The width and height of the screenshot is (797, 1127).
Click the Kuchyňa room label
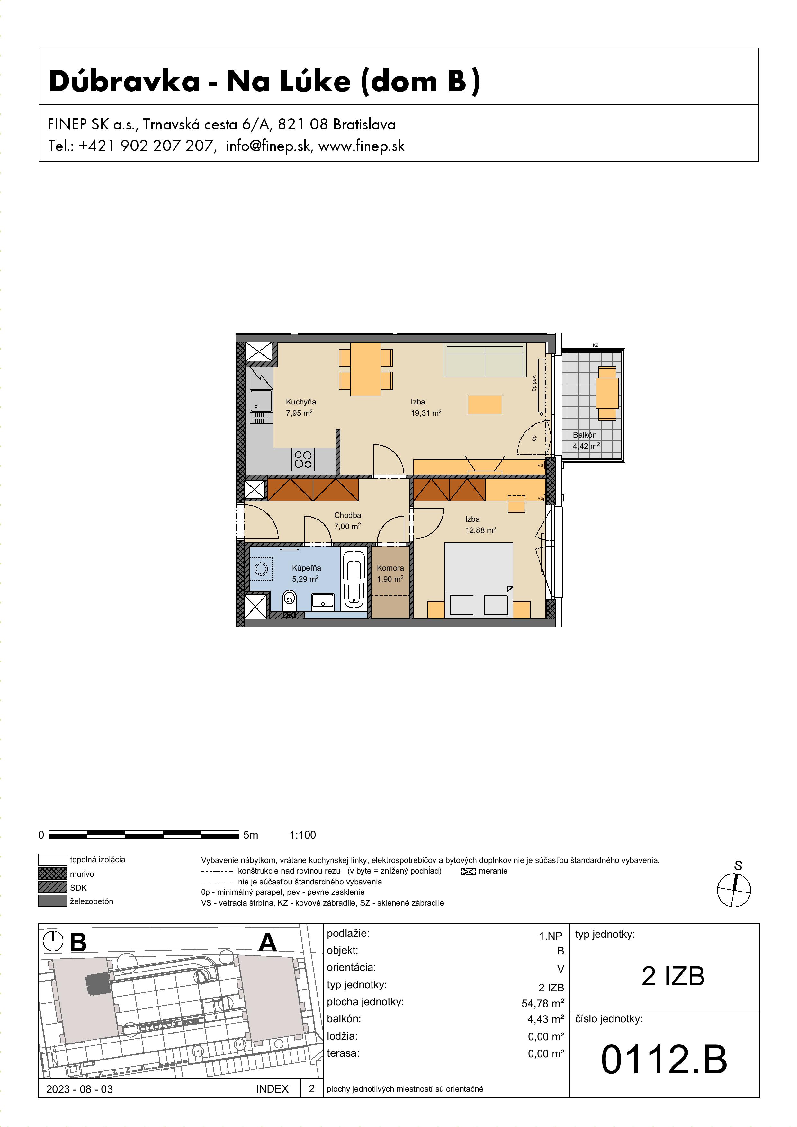coord(301,402)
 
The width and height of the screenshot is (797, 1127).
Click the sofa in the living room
coord(485,360)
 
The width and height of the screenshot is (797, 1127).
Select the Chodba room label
coord(348,515)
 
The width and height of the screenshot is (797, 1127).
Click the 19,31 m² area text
coord(426,413)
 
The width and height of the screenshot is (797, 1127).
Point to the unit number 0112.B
coord(664,1059)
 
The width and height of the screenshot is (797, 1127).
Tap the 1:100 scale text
coord(303,834)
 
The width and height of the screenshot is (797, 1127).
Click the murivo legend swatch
coord(52,873)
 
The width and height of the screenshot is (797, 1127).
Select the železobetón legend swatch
coord(52,901)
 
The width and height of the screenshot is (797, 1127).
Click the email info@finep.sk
coord(268,146)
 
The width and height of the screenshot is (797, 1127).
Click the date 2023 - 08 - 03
coord(80,1089)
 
